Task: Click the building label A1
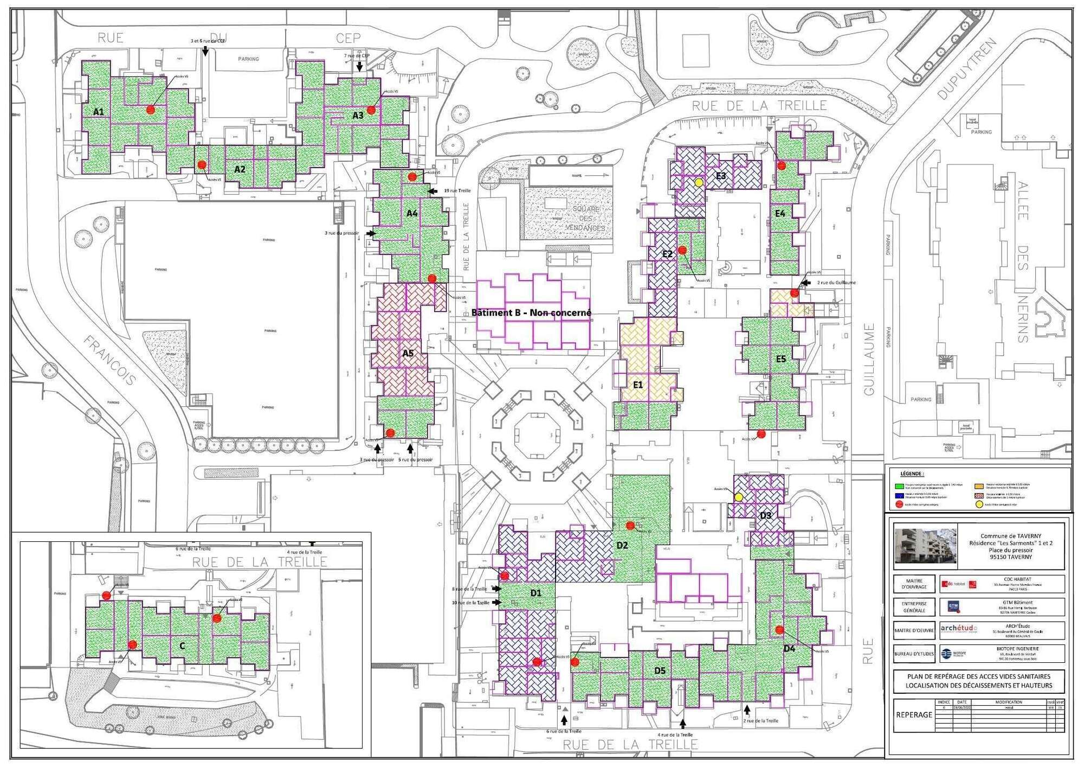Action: click(98, 112)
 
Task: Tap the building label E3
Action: click(721, 176)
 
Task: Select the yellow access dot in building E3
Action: click(699, 183)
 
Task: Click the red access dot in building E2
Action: click(682, 250)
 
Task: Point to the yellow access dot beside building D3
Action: click(738, 497)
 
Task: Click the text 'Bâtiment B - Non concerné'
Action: click(531, 312)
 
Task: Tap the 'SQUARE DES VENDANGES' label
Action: click(585, 219)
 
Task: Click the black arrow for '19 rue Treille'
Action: click(432, 191)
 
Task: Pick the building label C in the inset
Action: click(182, 645)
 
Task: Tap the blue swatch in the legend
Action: click(899, 495)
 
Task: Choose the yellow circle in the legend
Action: click(979, 504)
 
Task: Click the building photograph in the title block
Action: click(925, 546)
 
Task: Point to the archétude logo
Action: click(959, 629)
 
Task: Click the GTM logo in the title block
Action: click(953, 606)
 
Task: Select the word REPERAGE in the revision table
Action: click(914, 715)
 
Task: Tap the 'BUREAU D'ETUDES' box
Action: click(914, 654)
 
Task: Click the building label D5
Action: click(660, 670)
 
